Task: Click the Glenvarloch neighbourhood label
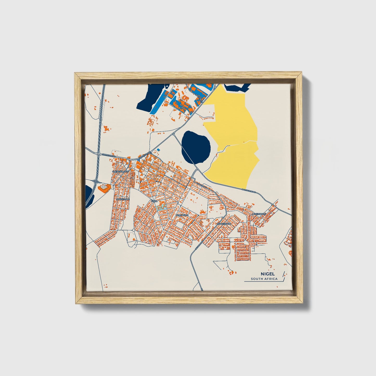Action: [120, 172]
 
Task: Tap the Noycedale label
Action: [123, 199]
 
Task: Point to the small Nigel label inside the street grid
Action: [154, 201]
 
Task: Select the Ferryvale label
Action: [182, 215]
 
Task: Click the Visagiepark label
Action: [224, 224]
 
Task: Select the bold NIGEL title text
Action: [266, 274]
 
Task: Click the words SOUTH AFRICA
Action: [264, 279]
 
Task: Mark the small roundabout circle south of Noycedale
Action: [133, 230]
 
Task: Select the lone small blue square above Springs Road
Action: [158, 150]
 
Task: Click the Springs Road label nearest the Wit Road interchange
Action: [109, 155]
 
